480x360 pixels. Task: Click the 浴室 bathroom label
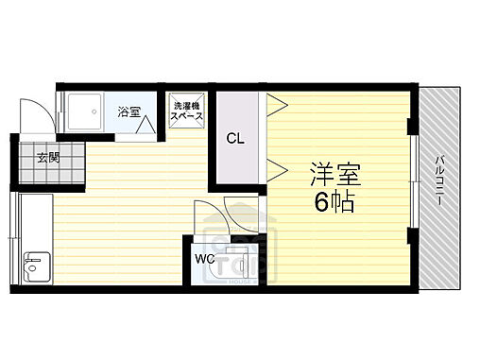click(129, 112)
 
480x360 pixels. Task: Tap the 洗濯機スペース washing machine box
click(185, 112)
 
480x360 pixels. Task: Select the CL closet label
click(235, 138)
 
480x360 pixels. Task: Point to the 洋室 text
click(335, 176)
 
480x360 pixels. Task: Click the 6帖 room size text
click(335, 201)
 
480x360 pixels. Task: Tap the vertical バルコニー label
click(440, 180)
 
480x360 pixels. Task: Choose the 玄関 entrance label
click(48, 157)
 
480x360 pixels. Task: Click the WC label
click(205, 258)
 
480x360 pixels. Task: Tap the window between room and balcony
click(413, 180)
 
